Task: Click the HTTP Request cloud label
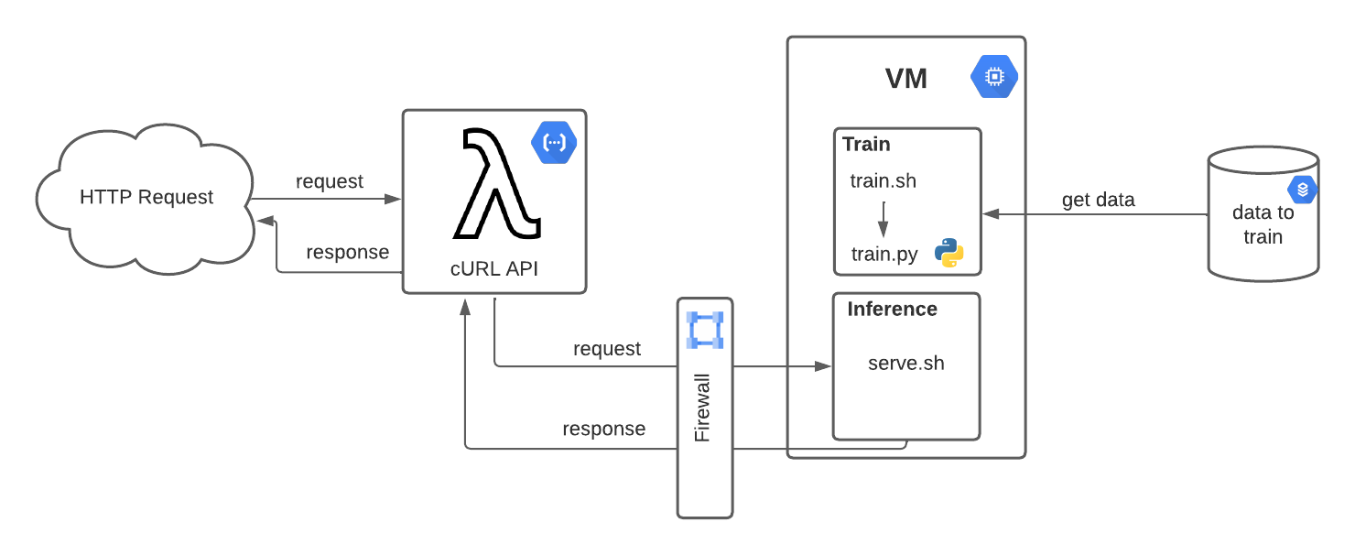pos(146,197)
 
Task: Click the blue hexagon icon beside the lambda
pos(553,143)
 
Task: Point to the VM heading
pos(906,79)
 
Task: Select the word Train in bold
pos(866,144)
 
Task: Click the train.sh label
pos(883,180)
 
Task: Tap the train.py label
pos(883,254)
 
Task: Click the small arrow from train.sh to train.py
pos(883,218)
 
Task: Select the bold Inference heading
pos(892,309)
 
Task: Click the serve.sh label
pos(905,363)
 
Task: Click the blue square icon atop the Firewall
pos(705,330)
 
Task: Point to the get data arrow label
pos(1098,200)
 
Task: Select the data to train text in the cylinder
pos(1263,225)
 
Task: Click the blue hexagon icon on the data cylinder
pos(1302,190)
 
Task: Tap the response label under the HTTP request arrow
pos(347,252)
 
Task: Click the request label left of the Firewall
pos(607,349)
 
